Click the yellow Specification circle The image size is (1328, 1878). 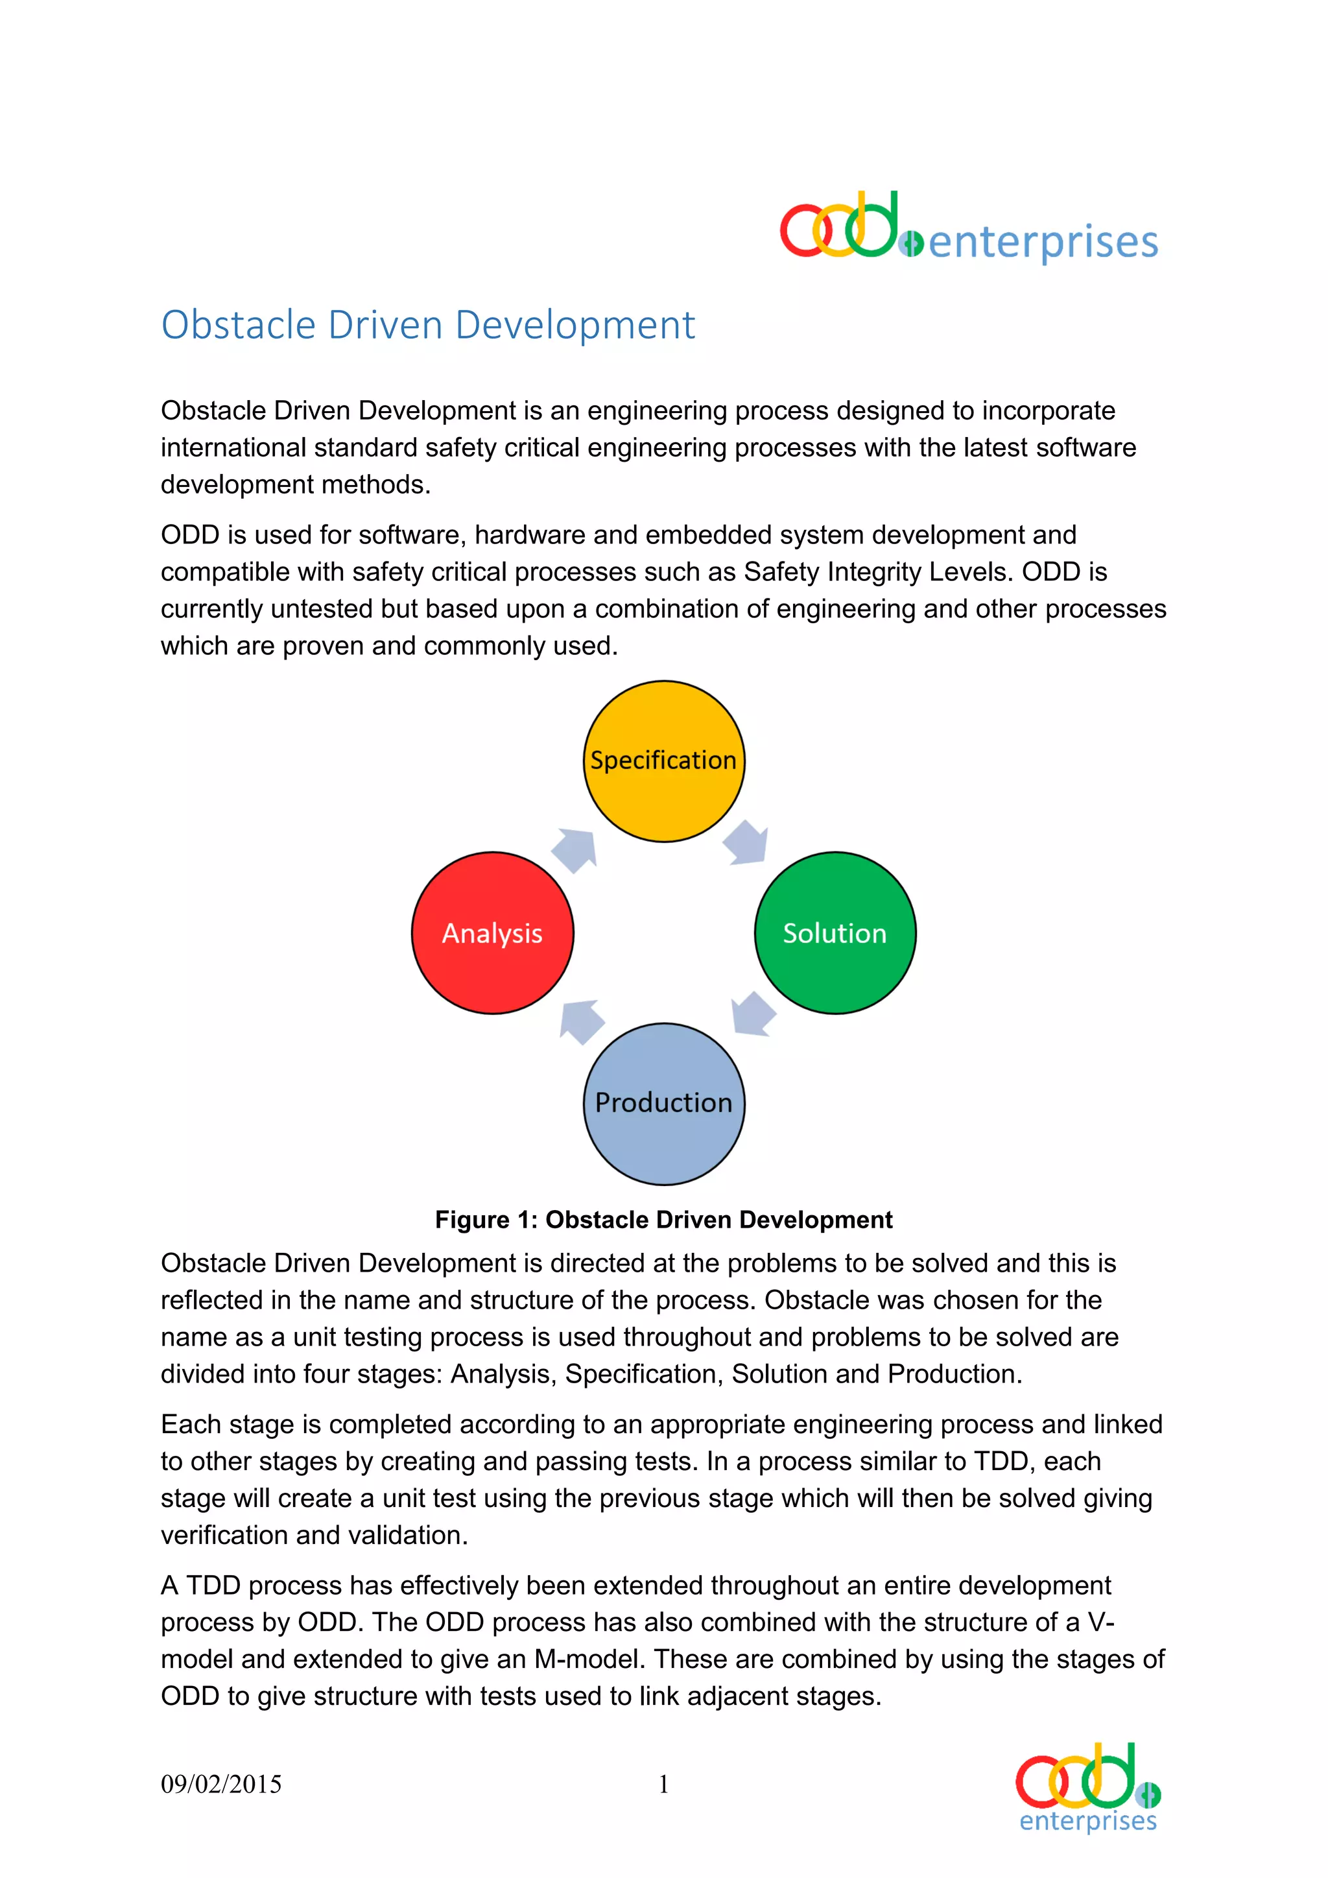[x=663, y=761]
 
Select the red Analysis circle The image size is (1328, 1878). [x=492, y=933]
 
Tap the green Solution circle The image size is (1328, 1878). [x=835, y=933]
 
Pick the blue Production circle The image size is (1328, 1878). [x=663, y=1104]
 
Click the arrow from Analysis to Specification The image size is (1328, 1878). [x=576, y=850]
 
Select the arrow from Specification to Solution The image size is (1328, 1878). [x=746, y=842]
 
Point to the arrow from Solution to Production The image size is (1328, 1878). [x=752, y=1014]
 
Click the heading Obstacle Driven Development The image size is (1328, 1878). [x=428, y=325]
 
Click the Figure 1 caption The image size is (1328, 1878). [x=663, y=1220]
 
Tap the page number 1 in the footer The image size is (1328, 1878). [x=663, y=1784]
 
